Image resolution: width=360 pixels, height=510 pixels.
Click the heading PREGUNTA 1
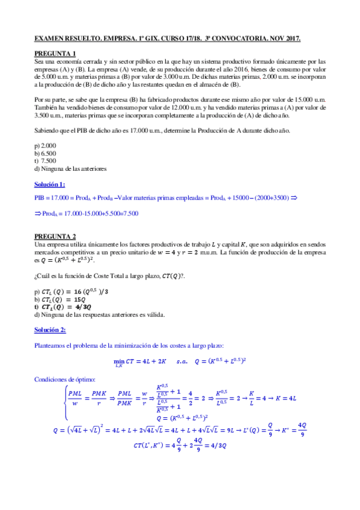pyautogui.click(x=54, y=54)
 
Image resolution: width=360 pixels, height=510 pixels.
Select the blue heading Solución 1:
pyautogui.click(x=50, y=184)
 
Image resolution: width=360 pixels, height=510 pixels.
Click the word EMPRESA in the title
pyautogui.click(x=118, y=39)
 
